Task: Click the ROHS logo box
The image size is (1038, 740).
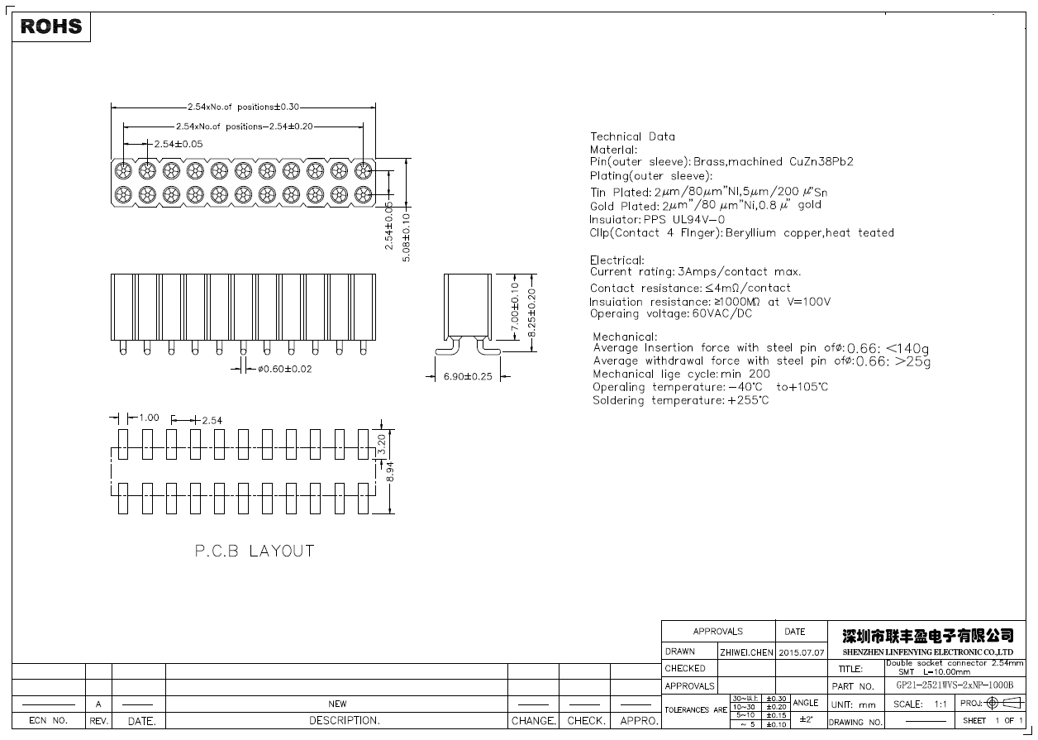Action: [51, 26]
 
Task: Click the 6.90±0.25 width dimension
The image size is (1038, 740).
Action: [468, 376]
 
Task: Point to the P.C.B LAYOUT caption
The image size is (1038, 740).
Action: [255, 551]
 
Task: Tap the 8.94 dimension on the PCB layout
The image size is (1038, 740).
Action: [391, 471]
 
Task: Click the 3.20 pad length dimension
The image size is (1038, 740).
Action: [381, 444]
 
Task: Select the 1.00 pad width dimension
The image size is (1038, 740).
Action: [149, 418]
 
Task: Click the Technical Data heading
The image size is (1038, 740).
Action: [632, 136]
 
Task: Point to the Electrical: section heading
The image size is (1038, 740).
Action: [617, 260]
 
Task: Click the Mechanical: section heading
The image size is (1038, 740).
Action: [625, 337]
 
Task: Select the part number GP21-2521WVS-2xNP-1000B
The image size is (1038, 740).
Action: [954, 685]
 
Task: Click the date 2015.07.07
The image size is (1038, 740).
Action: [801, 652]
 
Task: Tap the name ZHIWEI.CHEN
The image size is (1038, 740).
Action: [746, 652]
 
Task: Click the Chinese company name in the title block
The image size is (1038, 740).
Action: [927, 636]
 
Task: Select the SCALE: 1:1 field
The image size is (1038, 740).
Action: [920, 704]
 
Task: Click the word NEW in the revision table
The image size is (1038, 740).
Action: [337, 704]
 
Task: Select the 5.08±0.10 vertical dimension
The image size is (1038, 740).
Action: [406, 237]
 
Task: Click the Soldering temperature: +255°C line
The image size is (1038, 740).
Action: [680, 400]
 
